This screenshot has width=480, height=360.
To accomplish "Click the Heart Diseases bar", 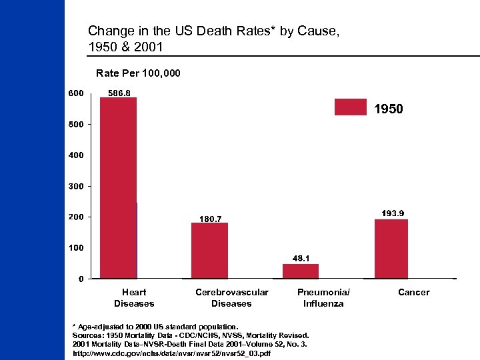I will pos(118,188).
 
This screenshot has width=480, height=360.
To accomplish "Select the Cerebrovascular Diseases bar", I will pos(209,251).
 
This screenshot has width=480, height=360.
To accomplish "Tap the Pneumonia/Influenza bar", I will pos(301,271).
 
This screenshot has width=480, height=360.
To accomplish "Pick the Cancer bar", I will pos(391,249).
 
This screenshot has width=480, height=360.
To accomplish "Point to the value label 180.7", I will pos(211,218).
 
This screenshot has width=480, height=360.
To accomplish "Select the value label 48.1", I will pos(301,258).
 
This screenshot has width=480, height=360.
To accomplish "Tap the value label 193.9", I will pos(392,213).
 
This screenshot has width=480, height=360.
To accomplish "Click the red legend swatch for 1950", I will pos(350,107).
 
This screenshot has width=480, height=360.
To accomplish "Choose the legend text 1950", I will pos(388,109).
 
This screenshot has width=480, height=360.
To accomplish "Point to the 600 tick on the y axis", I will pos(75,93).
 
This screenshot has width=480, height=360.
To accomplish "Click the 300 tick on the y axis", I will pos(75,186).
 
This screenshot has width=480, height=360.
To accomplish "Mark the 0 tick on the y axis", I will pos(81,279).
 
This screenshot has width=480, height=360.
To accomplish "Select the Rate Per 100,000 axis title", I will pos(138,72).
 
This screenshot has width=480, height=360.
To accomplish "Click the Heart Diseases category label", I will pos(134,298).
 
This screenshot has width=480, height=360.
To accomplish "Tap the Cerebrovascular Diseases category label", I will pos(231,298).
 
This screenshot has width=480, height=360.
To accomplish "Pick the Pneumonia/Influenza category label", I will pos(323,298).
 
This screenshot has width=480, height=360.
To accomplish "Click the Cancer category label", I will pos(413,292).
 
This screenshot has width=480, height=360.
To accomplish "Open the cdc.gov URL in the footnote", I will pos(171,353).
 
